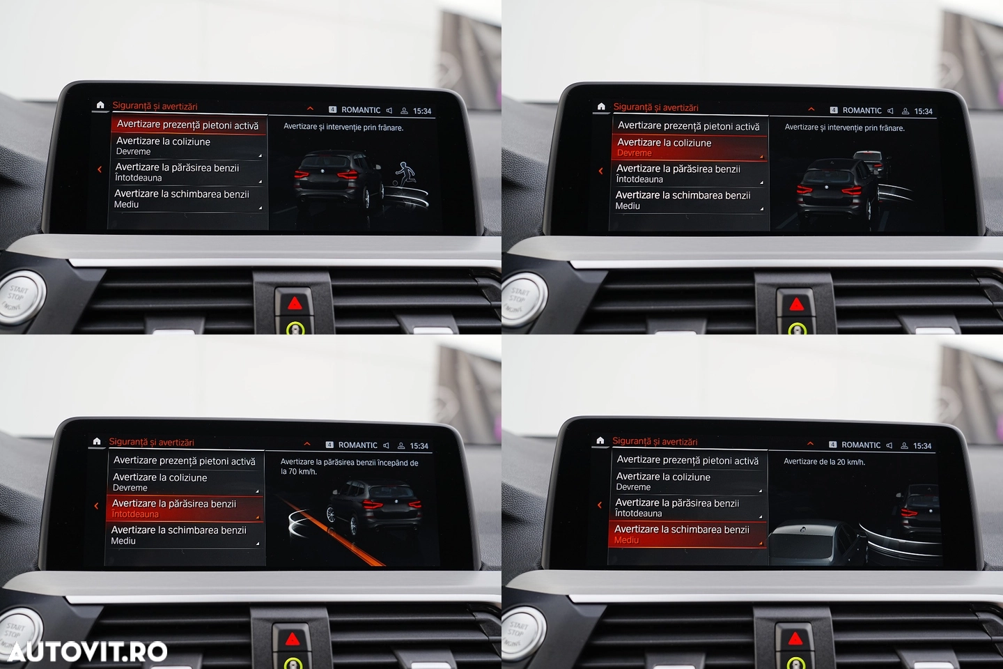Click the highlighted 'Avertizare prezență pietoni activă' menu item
point(189,125)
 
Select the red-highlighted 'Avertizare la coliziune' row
point(689,147)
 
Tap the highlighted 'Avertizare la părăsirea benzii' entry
point(185,508)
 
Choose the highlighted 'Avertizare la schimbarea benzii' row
point(687,534)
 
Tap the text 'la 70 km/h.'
point(298,471)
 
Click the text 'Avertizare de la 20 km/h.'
point(824,461)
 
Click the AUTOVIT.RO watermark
point(87,652)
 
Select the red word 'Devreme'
point(634,153)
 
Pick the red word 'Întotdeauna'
point(135,514)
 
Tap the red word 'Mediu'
point(626,540)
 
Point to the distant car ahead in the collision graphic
point(869,161)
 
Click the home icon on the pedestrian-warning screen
point(100,105)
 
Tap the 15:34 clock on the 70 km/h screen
point(419,446)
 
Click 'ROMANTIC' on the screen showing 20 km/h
point(861,445)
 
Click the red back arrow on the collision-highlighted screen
point(600,171)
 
